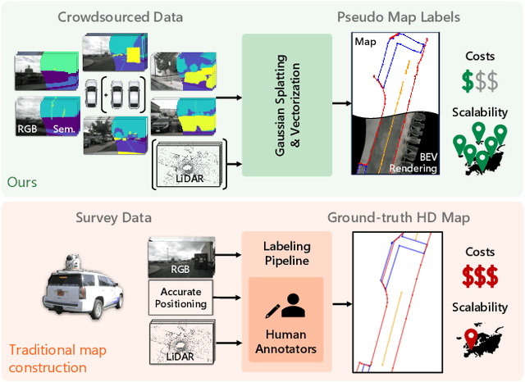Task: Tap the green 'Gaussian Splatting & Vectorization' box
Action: (x=288, y=103)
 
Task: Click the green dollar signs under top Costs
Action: (x=481, y=81)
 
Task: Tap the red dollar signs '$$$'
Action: (x=481, y=275)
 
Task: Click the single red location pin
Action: (x=472, y=336)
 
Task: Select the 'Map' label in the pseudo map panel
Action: (x=364, y=40)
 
